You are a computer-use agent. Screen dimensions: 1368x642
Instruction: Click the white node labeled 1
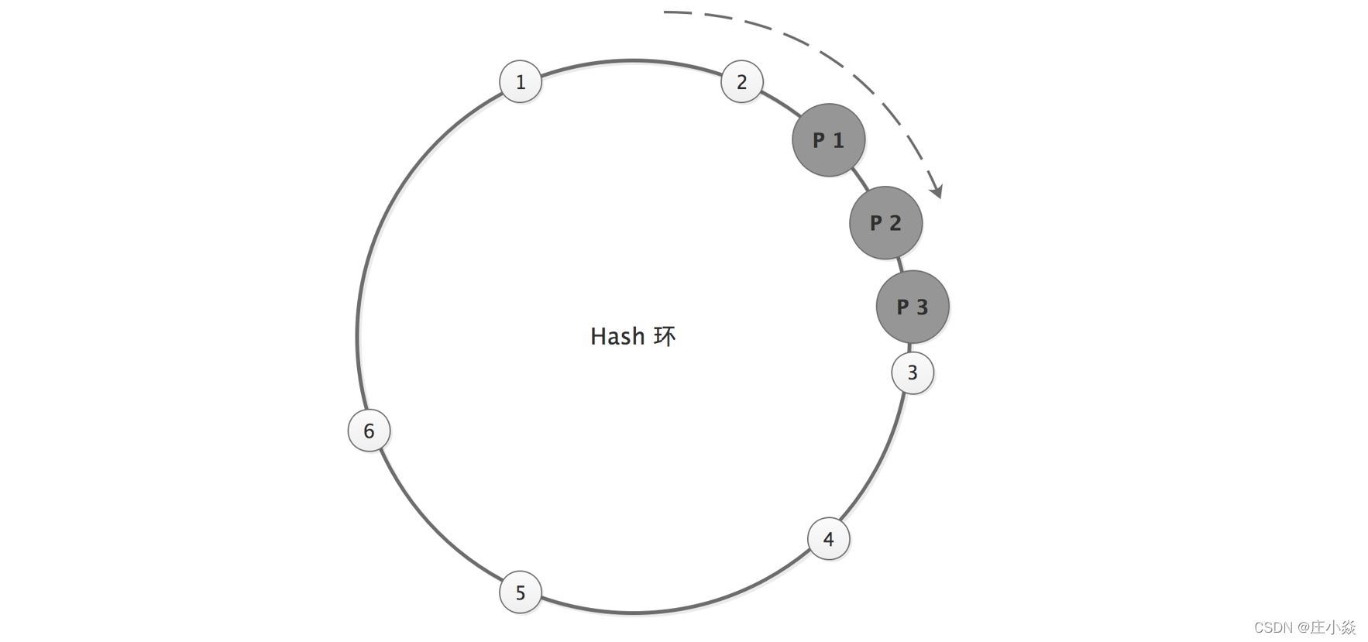521,81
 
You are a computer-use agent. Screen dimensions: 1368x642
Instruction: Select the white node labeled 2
742,81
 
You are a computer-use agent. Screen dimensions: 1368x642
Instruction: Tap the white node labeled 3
913,372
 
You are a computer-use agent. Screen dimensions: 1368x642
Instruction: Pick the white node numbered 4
829,539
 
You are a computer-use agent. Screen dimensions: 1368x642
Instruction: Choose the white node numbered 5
521,592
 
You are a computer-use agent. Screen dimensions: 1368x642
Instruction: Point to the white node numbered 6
369,431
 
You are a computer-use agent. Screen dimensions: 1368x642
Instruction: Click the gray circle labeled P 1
829,140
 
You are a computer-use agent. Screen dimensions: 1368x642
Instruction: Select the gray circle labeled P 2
886,223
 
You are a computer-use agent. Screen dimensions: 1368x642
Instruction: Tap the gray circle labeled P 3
913,307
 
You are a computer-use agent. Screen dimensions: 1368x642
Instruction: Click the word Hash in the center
617,336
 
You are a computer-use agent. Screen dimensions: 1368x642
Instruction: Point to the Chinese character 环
665,336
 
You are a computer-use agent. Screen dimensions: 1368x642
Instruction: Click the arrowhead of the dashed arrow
938,191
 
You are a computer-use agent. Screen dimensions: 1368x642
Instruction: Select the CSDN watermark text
1274,627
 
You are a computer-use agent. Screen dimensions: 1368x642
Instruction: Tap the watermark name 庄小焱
1332,627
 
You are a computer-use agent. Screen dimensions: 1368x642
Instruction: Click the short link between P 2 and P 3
900,265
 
